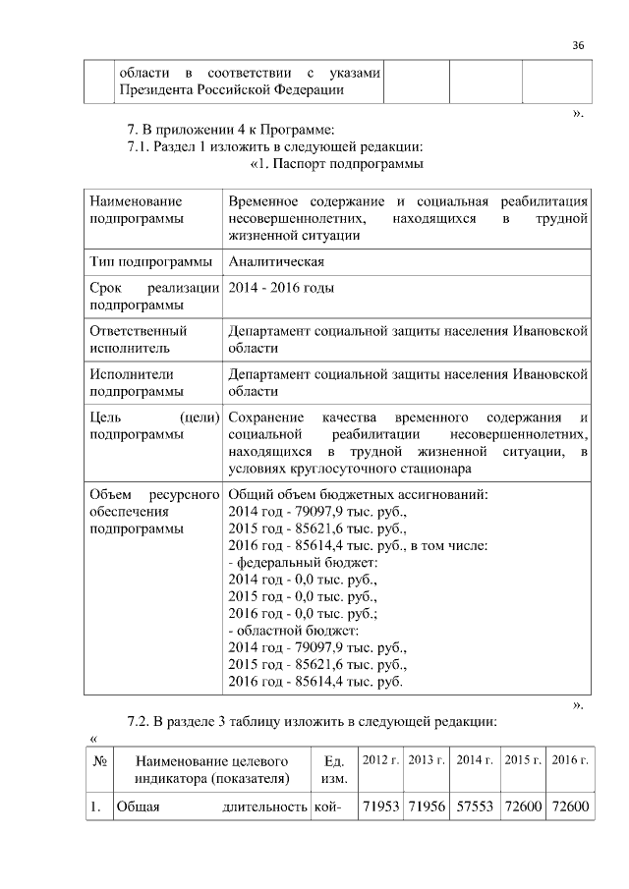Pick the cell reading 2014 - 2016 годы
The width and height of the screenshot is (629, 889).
coord(280,288)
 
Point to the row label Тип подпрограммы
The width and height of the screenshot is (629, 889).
coord(149,262)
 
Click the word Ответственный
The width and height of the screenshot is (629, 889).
coord(138,331)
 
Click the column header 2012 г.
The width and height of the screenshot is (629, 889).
coord(379,761)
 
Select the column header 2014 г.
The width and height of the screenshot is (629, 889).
coord(476,761)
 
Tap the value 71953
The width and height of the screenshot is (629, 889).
coord(379,806)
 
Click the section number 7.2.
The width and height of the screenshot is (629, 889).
coord(143,723)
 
